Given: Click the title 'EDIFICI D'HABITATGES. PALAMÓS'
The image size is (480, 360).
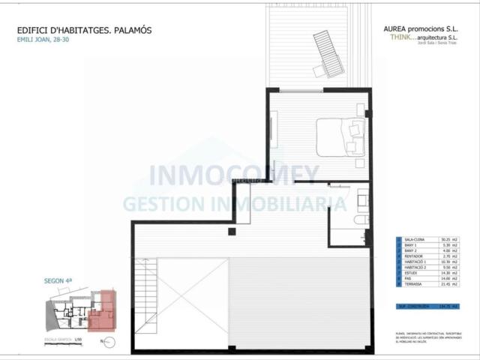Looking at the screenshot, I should tap(84, 31).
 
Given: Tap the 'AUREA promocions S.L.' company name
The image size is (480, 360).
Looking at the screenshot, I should tap(421, 30).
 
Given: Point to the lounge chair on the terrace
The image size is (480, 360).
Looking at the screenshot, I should tap(327, 55).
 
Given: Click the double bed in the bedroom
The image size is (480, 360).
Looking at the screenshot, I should tap(341, 135).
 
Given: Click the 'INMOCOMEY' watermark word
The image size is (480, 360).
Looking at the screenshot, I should tap(233, 175).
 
